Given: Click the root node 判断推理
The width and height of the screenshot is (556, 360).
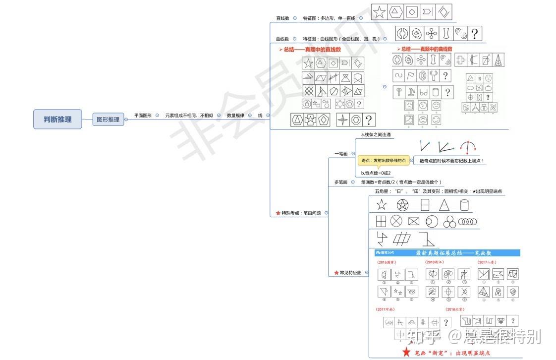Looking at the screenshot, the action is point(57,119).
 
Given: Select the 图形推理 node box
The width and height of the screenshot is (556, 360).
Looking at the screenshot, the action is point(108,119).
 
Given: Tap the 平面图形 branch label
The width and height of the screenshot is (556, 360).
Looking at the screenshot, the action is point(143,116).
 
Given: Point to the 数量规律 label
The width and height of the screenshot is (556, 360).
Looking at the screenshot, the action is point(235,116).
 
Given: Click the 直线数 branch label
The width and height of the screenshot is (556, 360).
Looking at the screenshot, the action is point(282,18).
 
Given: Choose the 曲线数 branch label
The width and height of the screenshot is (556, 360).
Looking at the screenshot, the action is point(282,39).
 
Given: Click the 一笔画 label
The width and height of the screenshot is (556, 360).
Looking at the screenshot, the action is point(341,154).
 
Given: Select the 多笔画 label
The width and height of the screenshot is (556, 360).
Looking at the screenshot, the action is point(341,182).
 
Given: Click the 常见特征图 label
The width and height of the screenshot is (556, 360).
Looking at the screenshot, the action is point(351,273).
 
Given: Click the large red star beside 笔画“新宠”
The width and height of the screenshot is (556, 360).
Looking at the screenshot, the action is point(406,352).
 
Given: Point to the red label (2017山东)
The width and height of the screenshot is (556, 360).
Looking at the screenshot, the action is point(488,262).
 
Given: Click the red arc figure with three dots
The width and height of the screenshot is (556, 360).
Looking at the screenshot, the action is point(468,146).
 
